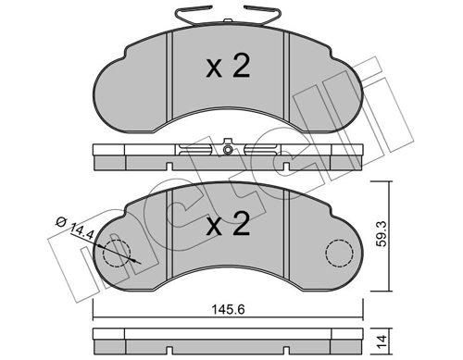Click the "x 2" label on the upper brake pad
coord(227,68)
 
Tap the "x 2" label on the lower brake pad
coord(227,225)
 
